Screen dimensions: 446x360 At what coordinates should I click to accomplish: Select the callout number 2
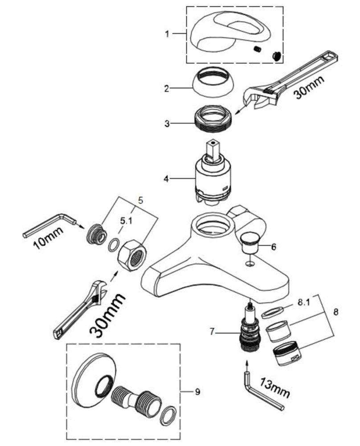(167, 88)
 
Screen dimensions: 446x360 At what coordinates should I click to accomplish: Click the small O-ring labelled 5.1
(114, 244)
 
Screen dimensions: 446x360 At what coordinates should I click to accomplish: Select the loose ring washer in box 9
(168, 415)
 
